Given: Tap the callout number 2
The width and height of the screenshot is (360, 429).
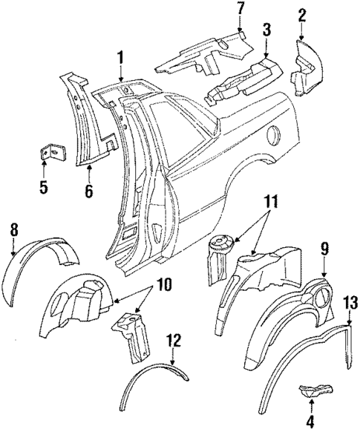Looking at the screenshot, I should pos(301,15).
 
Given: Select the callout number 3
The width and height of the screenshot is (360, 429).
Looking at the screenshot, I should pos(265,30).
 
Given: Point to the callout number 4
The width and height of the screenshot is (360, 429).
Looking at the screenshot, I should pos(311,421).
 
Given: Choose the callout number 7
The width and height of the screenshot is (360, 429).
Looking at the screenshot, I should pos(239,9).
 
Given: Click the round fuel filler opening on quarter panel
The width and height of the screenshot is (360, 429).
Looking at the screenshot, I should pos(273,137).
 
